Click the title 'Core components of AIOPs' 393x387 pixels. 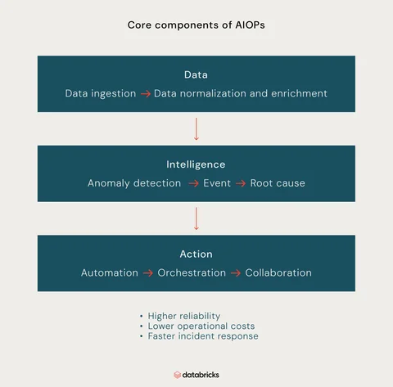(x=196, y=25)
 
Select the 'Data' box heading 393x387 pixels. (x=196, y=74)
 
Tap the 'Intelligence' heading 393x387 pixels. (x=196, y=164)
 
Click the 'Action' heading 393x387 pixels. (x=196, y=254)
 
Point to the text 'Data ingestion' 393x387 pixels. (x=101, y=93)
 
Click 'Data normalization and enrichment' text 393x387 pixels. (x=241, y=93)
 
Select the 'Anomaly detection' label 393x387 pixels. (x=134, y=183)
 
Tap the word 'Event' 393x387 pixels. (x=217, y=183)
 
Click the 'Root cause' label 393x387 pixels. (x=278, y=183)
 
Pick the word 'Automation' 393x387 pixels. (x=110, y=272)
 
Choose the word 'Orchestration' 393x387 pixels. (x=192, y=272)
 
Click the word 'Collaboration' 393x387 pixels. (x=278, y=272)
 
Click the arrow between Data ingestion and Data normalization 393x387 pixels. (x=146, y=94)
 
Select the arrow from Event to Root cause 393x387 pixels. (x=241, y=183)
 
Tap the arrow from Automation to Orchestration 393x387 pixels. (x=148, y=273)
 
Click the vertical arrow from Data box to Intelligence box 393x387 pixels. (x=196, y=129)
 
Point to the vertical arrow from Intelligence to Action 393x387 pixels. (x=196, y=218)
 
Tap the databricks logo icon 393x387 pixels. (x=178, y=375)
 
